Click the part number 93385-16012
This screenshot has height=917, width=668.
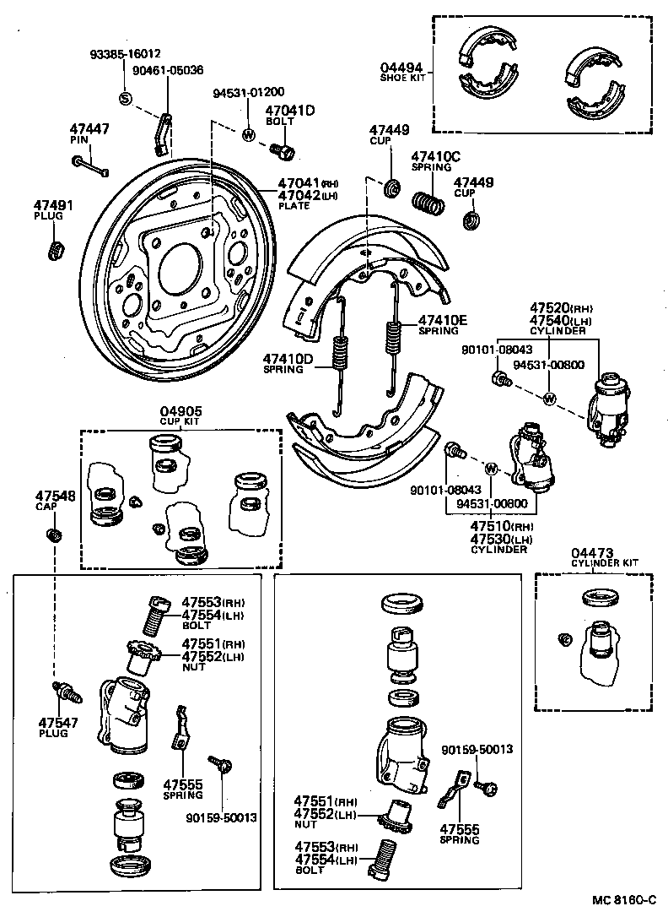(126, 53)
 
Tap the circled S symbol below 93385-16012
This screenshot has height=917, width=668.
(126, 99)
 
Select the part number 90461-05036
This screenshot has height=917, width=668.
(169, 70)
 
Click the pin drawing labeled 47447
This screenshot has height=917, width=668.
(91, 165)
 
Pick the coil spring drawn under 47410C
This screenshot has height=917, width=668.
(428, 203)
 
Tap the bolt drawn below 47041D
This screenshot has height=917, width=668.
(283, 150)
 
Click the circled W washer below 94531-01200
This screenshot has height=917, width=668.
(249, 134)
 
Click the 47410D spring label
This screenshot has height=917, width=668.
(287, 358)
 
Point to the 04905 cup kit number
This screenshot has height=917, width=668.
(181, 412)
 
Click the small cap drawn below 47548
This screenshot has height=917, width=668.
(53, 534)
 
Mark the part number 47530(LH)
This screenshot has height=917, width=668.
(502, 539)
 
